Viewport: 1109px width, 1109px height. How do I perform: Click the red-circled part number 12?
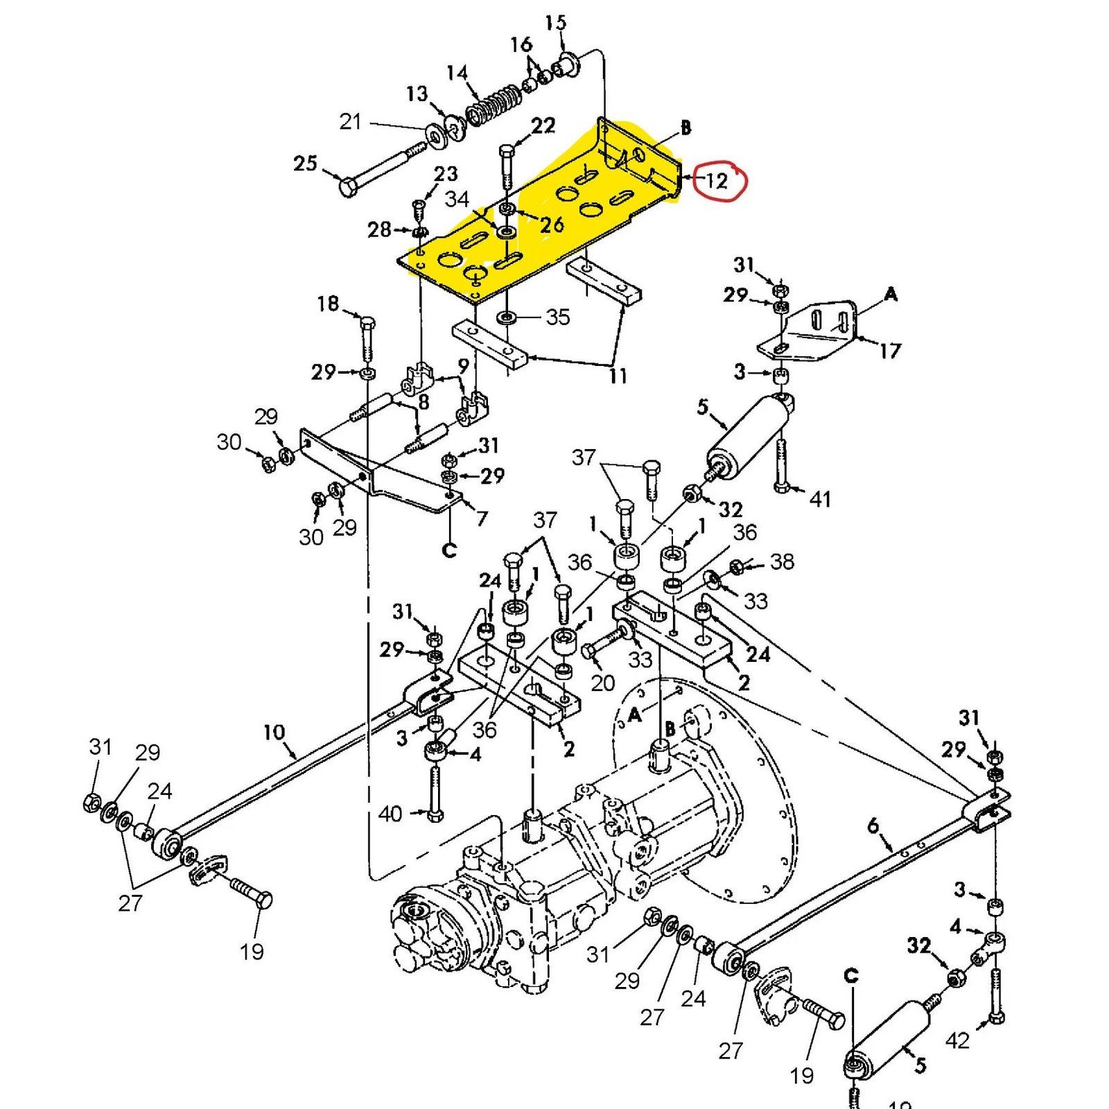[x=717, y=181]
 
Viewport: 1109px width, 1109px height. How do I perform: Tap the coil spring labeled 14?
[x=494, y=107]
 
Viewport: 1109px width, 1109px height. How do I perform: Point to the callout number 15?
[x=555, y=23]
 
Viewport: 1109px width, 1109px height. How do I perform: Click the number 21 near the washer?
[x=351, y=122]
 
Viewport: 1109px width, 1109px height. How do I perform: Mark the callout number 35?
[x=558, y=317]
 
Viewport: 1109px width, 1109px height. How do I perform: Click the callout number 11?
[x=618, y=376]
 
